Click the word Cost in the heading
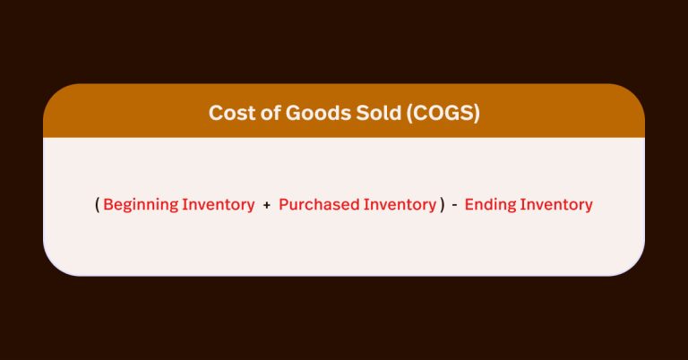coord(228,113)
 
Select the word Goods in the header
coord(301,113)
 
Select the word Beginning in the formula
coord(141,205)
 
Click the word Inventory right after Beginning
coord(218,204)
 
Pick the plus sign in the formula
coord(267,205)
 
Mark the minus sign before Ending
coord(455,205)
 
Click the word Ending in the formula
coord(489,205)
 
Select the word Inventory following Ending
coord(556,204)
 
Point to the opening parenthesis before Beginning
coord(97,205)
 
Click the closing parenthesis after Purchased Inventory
coord(443,205)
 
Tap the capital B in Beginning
coord(107,204)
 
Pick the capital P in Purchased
coord(283,204)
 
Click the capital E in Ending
coord(469,204)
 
